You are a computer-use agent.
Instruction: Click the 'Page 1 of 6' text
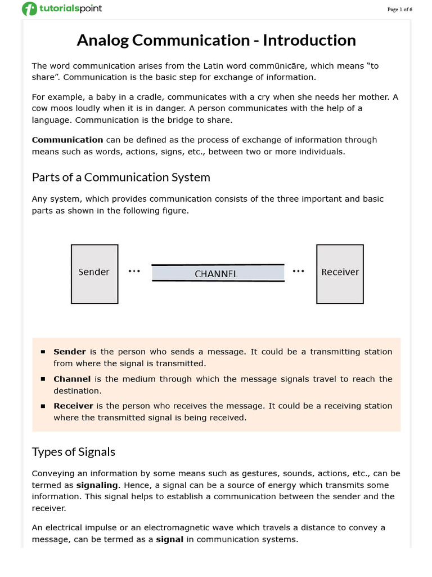[400, 10]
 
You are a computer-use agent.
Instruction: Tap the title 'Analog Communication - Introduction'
[216, 41]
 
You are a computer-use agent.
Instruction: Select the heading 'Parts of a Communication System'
[121, 177]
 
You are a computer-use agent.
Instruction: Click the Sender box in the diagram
[94, 274]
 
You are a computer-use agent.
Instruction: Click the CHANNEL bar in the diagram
[218, 273]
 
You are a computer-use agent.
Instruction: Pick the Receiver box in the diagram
[340, 273]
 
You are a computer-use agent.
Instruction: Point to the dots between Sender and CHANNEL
[134, 272]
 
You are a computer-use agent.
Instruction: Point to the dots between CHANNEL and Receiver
[298, 272]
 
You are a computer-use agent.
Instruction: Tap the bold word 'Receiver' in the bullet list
[73, 406]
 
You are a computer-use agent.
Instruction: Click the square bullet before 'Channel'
[43, 379]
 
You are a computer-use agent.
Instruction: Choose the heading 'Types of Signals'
[74, 452]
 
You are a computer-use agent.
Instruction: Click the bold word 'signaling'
[97, 485]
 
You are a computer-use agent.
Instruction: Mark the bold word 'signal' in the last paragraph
[170, 540]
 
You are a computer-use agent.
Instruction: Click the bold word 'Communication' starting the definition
[67, 140]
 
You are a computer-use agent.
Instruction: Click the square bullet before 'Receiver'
[43, 406]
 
